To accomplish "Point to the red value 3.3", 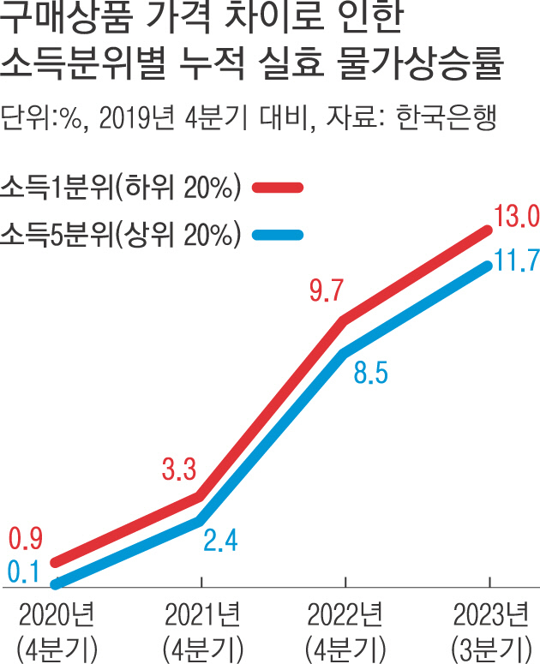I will pos(179,469).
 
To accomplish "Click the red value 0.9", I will pos(26,540).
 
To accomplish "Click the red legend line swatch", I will pos(279,188).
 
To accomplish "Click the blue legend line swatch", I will pos(279,234).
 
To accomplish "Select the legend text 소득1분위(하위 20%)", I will pos(120,188).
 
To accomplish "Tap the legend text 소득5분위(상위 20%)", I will pos(120,234).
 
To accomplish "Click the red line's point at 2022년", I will pos(344,320).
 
